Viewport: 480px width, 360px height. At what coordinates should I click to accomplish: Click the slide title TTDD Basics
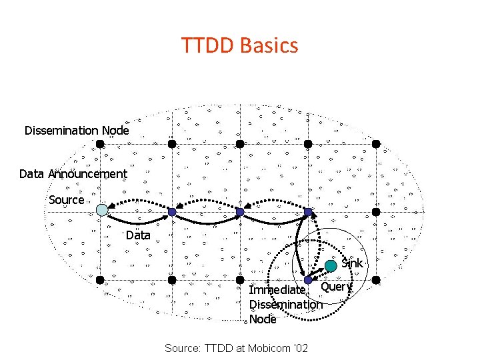click(239, 45)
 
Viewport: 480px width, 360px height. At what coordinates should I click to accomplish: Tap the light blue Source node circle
click(101, 210)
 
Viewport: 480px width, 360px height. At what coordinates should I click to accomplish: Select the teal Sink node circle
click(331, 266)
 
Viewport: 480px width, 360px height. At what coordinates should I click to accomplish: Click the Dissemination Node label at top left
click(77, 131)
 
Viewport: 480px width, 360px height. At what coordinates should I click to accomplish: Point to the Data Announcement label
click(73, 174)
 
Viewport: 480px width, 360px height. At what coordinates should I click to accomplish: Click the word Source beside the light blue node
click(67, 200)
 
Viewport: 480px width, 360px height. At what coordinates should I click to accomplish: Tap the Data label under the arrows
click(138, 235)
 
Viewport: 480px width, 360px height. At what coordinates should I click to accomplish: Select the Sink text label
click(352, 263)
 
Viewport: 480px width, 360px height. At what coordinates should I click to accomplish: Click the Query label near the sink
click(336, 287)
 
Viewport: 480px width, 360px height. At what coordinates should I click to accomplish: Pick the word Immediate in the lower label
click(277, 290)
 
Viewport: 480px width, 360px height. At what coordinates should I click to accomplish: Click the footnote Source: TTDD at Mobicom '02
click(236, 349)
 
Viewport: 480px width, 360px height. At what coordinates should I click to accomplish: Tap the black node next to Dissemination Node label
click(100, 143)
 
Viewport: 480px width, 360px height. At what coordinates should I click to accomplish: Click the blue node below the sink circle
click(308, 280)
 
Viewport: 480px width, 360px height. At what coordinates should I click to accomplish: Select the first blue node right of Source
click(172, 212)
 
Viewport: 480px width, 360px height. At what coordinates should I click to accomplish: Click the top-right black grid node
click(376, 143)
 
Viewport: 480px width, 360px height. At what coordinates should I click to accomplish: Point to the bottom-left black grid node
click(100, 279)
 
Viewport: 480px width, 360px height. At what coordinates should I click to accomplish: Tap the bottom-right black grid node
click(376, 279)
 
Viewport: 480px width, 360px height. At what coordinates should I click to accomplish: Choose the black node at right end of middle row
click(376, 212)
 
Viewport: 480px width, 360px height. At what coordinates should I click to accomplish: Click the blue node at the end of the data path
click(308, 212)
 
